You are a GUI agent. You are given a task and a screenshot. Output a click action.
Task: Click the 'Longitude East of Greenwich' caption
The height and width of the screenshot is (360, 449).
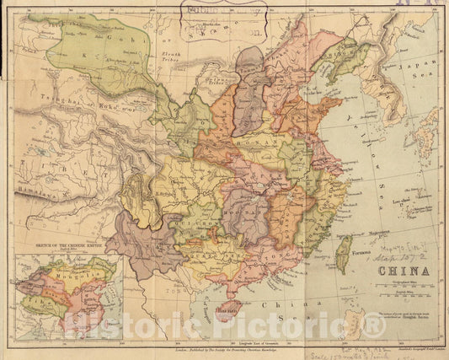(x=227, y=345)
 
